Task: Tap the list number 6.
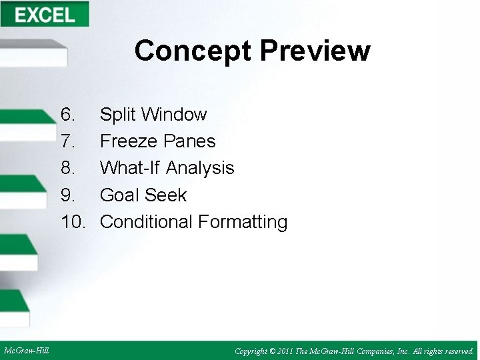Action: (67, 115)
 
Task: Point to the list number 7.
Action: (67, 141)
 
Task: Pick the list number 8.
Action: (67, 168)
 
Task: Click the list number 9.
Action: (67, 195)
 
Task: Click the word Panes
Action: (190, 141)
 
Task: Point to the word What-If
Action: (130, 168)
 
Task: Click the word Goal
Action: (119, 195)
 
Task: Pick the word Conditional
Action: (145, 222)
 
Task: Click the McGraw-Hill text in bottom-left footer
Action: (26, 351)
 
